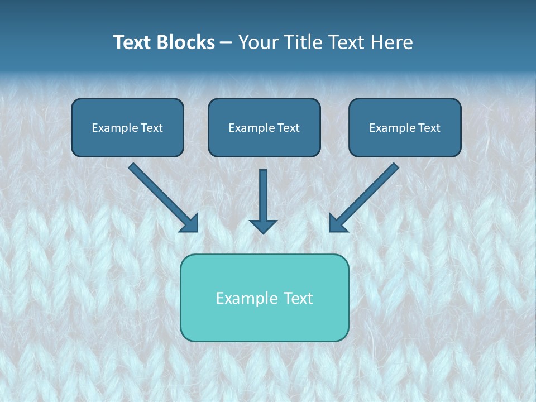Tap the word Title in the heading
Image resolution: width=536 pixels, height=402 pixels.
(x=305, y=42)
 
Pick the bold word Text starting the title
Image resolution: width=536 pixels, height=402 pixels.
(x=133, y=42)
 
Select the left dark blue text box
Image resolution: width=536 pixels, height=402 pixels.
(x=127, y=128)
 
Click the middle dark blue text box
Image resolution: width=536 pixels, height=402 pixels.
(x=264, y=128)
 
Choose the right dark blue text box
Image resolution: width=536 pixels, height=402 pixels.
(x=405, y=128)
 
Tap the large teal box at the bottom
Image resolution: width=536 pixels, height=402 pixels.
(x=264, y=298)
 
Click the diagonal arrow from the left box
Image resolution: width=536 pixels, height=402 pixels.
(x=162, y=196)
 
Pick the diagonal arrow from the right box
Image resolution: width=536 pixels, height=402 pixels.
(x=365, y=196)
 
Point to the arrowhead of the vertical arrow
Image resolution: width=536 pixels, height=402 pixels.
(x=263, y=226)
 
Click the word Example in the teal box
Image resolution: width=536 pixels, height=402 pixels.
(x=243, y=298)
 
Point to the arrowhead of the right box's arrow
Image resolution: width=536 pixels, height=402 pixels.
(x=337, y=223)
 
